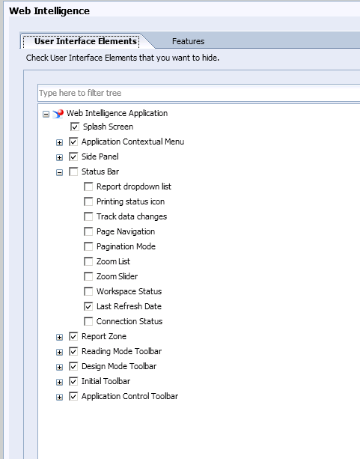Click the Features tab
click(x=188, y=41)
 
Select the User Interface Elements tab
click(x=85, y=41)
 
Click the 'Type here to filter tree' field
click(x=199, y=93)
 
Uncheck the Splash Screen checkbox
click(x=75, y=127)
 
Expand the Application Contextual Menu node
click(x=59, y=142)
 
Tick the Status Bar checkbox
click(x=73, y=171)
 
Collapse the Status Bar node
click(x=59, y=172)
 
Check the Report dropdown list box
click(x=88, y=186)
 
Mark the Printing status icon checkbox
click(x=88, y=201)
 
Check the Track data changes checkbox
click(x=88, y=216)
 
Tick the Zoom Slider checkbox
click(x=88, y=276)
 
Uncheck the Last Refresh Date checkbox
click(x=88, y=306)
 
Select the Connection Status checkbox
click(x=88, y=321)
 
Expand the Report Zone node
click(x=59, y=337)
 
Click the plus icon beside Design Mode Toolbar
click(x=59, y=367)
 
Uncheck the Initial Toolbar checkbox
click(x=73, y=381)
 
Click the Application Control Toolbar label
click(x=129, y=396)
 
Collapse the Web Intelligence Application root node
click(x=46, y=114)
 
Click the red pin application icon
click(x=58, y=114)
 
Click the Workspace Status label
click(x=129, y=291)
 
